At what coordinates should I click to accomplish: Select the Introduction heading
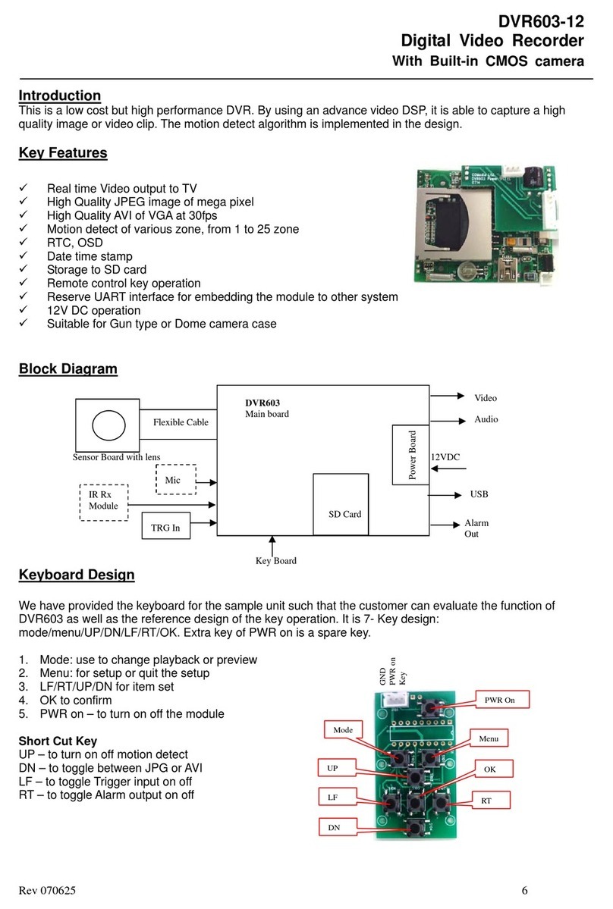[59, 96]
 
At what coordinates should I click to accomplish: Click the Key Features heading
[62, 153]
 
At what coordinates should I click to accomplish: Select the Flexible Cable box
[179, 422]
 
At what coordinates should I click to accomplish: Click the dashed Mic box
[175, 479]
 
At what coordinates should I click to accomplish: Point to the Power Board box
[410, 455]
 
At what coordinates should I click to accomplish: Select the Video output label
[486, 397]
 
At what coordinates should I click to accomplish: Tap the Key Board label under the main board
[275, 560]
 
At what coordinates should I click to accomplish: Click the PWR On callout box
[499, 700]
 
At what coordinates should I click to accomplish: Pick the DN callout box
[333, 828]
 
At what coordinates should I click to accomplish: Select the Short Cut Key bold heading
[57, 740]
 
